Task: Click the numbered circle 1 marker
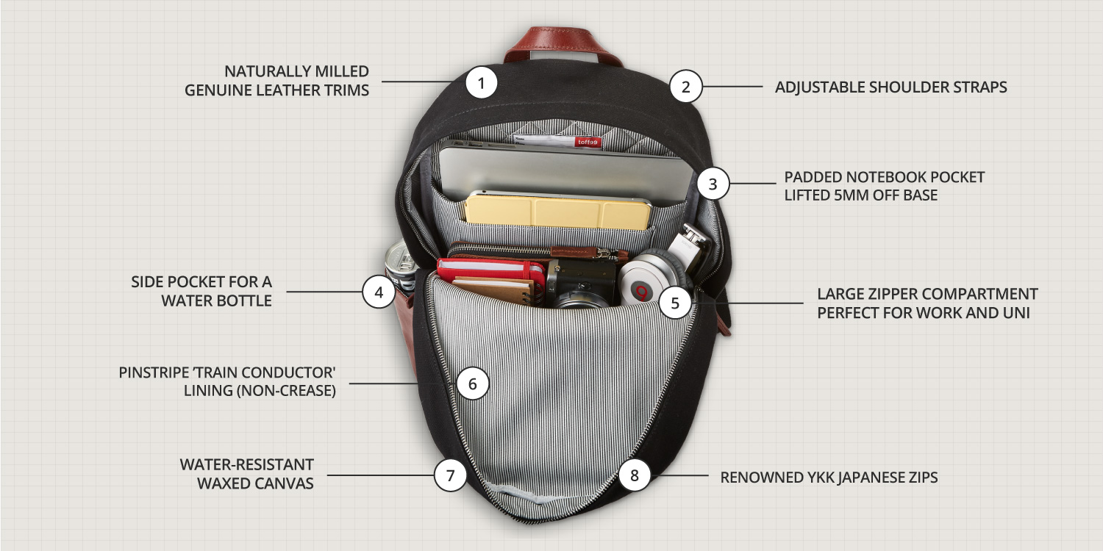pos(482,83)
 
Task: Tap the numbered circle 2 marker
pos(686,87)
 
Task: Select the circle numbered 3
pos(713,184)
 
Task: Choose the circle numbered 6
pos(472,383)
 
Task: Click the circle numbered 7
pos(450,475)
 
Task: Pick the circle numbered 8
pos(635,475)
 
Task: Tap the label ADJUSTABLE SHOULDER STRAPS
pos(890,87)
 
